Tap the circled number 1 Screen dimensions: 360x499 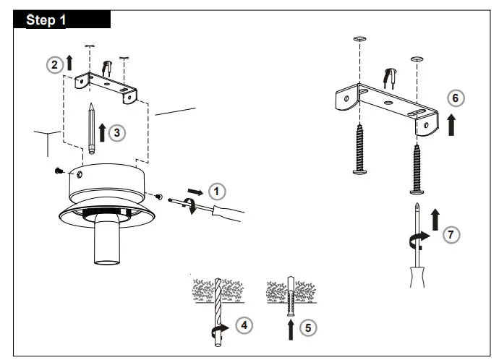216,191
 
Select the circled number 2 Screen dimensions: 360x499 54,65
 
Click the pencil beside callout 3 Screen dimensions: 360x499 92,127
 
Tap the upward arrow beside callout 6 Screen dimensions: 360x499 452,124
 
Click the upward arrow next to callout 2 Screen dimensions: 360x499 69,64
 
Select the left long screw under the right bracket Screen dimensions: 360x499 359,150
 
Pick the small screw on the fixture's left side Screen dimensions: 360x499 58,171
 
